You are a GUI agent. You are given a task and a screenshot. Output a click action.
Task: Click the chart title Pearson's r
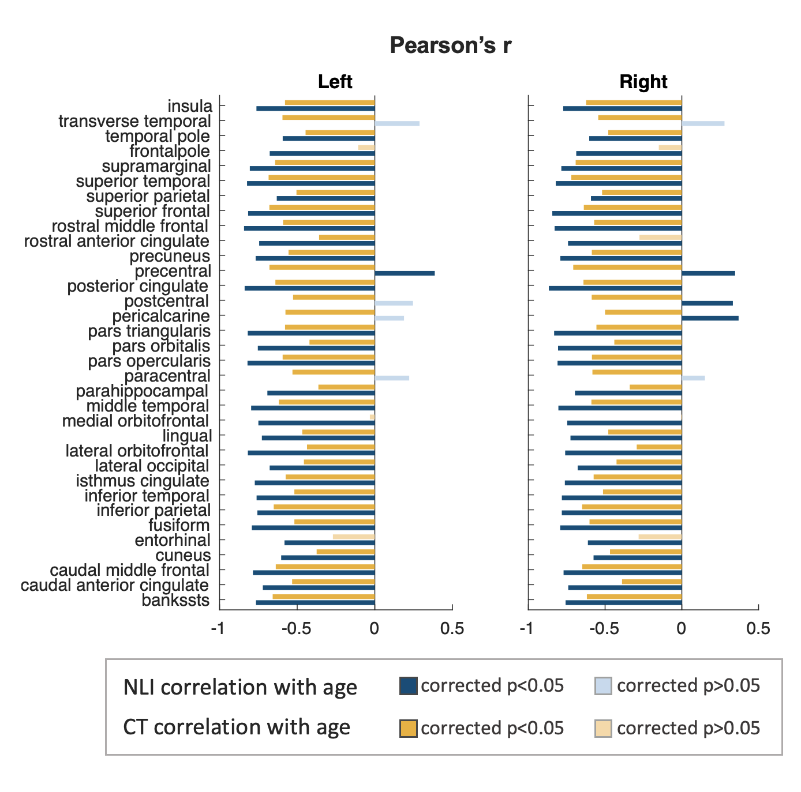[x=450, y=46]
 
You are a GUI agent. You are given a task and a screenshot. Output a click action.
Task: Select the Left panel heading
[x=335, y=82]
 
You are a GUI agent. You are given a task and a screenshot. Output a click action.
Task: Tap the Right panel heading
[x=643, y=82]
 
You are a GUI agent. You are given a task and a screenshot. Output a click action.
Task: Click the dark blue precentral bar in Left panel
[x=405, y=273]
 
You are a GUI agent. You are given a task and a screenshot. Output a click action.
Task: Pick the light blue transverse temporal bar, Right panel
[x=702, y=123]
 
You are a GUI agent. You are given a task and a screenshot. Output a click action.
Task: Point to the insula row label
[x=190, y=107]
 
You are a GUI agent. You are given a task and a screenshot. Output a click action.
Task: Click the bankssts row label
[x=175, y=601]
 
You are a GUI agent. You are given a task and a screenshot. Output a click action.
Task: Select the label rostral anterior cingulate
[x=117, y=242]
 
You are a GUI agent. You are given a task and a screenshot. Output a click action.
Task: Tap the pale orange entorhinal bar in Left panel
[x=354, y=537]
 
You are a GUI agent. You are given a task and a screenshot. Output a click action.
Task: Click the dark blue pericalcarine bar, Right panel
[x=710, y=318]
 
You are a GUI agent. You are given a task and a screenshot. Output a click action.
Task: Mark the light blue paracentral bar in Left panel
[x=392, y=378]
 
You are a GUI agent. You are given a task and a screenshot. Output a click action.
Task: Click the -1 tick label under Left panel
[x=218, y=628]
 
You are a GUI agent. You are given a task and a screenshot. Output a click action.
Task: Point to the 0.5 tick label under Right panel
[x=758, y=628]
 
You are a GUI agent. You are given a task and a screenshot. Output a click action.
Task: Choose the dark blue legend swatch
[x=408, y=686]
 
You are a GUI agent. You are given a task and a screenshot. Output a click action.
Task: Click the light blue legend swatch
[x=603, y=686]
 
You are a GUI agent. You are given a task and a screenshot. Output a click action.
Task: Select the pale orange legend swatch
[x=603, y=729]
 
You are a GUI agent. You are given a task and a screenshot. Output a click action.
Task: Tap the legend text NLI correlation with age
[x=240, y=687]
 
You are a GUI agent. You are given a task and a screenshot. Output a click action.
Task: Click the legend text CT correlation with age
[x=237, y=727]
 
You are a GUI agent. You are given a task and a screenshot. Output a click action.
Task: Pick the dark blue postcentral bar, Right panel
[x=707, y=303]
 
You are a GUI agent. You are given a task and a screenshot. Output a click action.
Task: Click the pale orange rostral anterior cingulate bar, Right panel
[x=660, y=237]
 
